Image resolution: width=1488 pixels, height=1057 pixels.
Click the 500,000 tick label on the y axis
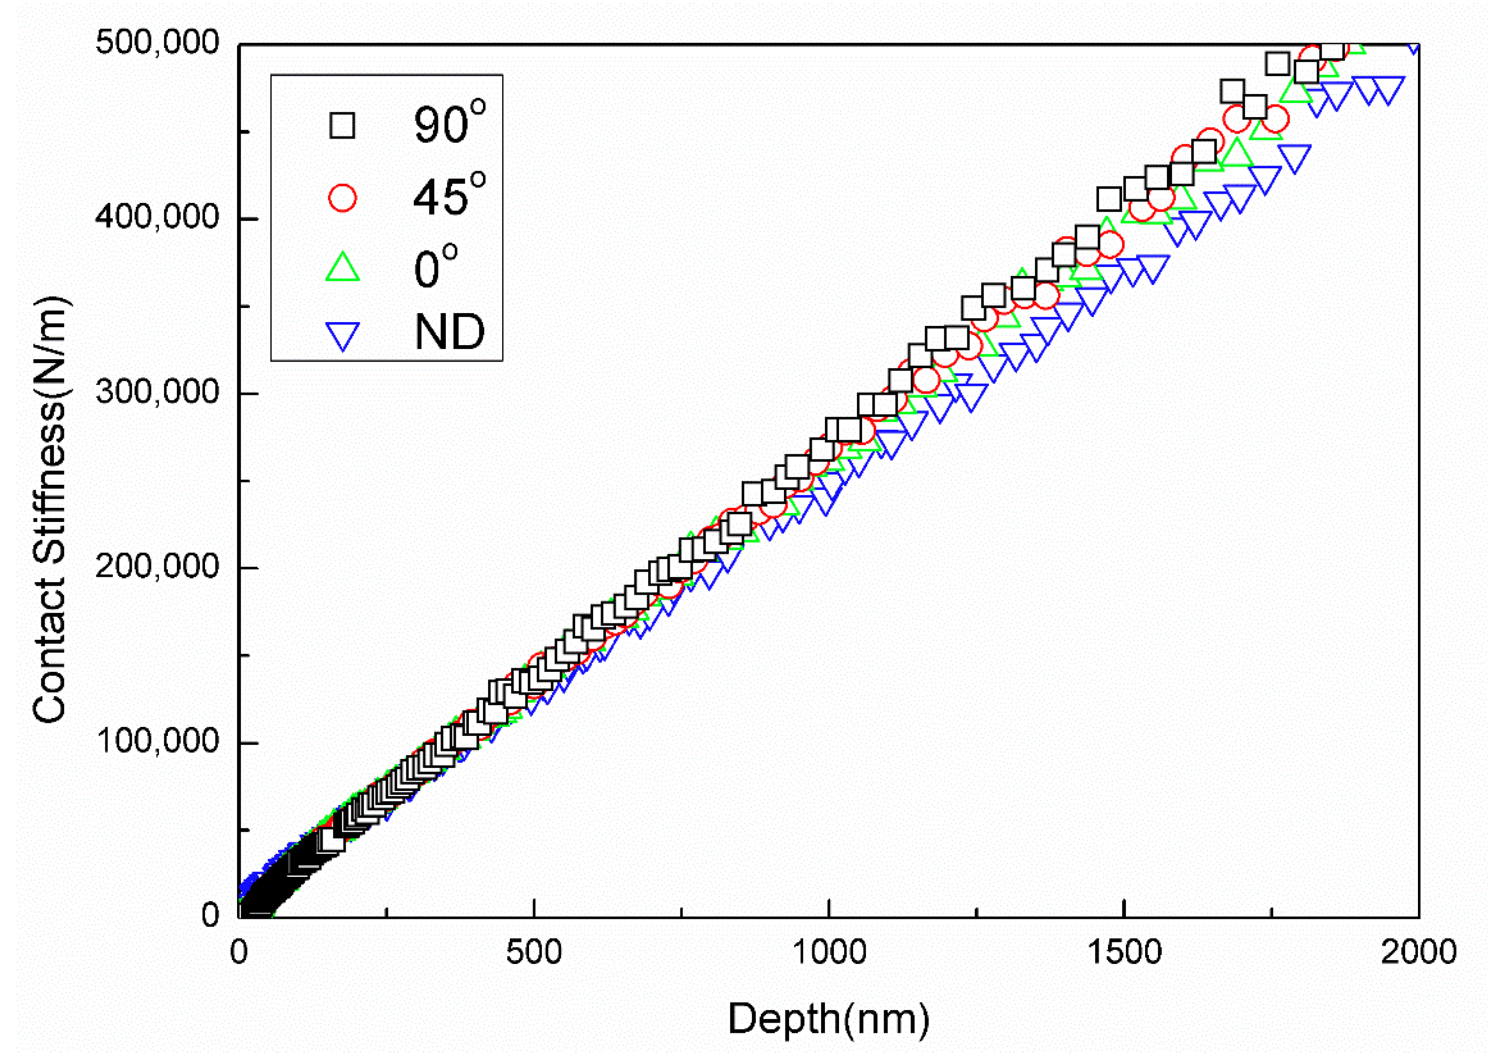click(x=157, y=43)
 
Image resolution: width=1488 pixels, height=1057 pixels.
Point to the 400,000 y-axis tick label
click(x=157, y=217)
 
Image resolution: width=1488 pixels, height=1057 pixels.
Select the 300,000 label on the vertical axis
click(x=157, y=392)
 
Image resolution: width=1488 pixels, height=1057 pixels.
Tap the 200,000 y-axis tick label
click(x=157, y=566)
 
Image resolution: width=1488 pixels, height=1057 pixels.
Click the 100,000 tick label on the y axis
click(x=157, y=741)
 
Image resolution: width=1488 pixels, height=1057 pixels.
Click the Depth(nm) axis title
click(x=829, y=1018)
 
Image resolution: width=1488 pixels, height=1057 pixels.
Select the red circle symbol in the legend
click(x=342, y=197)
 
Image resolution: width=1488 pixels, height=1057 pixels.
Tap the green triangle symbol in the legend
click(x=342, y=268)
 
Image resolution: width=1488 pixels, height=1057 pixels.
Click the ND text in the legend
click(x=449, y=332)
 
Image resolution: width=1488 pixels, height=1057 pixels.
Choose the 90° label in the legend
click(x=449, y=124)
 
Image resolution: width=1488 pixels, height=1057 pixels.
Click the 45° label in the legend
click(x=449, y=195)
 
